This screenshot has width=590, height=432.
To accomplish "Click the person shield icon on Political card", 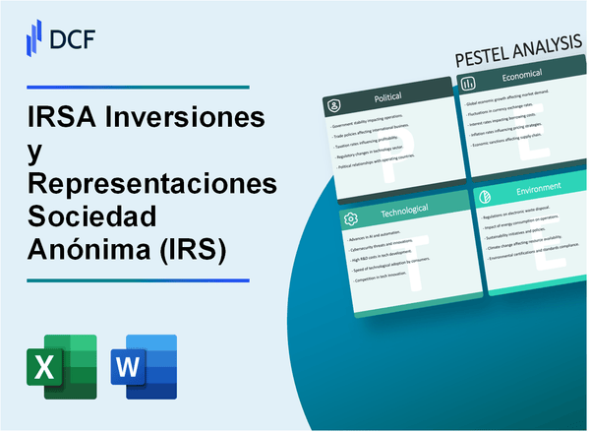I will [334, 104].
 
